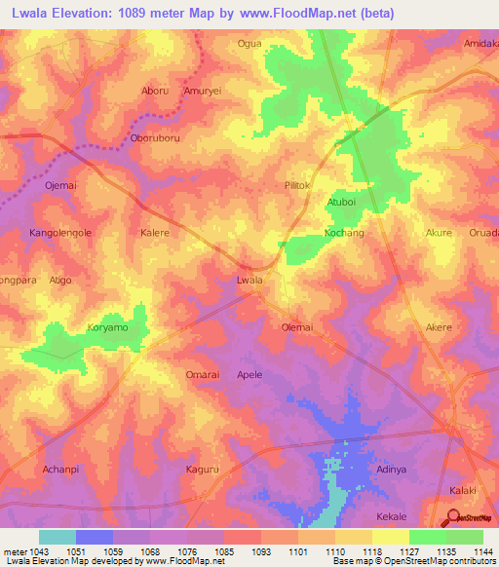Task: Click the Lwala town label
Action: [x=250, y=281]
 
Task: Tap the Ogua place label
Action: [x=250, y=44]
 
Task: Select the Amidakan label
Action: [x=481, y=44]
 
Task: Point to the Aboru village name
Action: [x=155, y=91]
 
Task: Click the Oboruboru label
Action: [x=155, y=138]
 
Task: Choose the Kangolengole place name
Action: [x=60, y=234]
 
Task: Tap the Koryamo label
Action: [x=107, y=328]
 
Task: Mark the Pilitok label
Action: [x=296, y=185]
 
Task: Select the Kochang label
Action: [x=344, y=234]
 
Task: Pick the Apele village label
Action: [x=250, y=374]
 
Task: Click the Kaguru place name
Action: [x=203, y=470]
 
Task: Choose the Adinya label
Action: [x=391, y=470]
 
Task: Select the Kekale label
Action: [x=391, y=516]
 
